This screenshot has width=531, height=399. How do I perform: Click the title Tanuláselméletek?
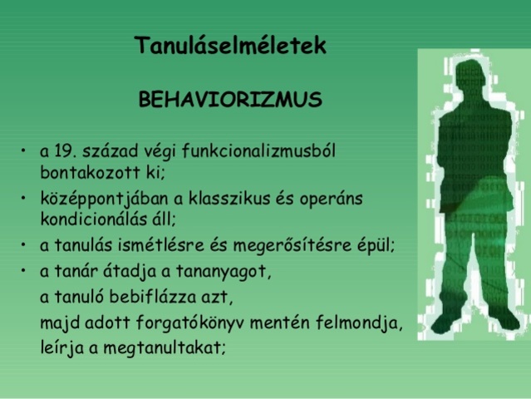(x=230, y=46)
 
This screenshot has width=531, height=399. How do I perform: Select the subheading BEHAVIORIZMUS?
(x=230, y=101)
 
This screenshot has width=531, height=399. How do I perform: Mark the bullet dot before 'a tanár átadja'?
(x=24, y=271)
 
